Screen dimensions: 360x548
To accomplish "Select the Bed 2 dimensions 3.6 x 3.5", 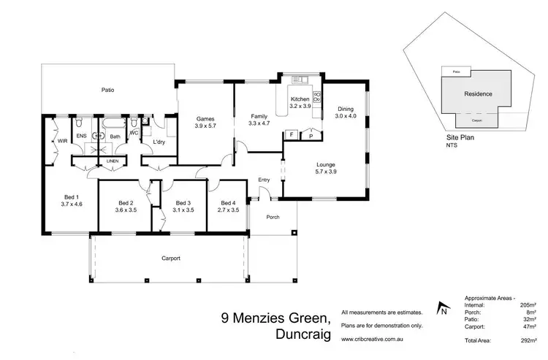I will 126,210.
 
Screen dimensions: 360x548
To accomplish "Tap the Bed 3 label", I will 183,203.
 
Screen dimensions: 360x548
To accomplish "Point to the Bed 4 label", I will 229,203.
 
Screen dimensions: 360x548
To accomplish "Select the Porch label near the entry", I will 273,216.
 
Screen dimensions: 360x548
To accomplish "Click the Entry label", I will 265,180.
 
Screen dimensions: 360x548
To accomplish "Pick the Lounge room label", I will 325,164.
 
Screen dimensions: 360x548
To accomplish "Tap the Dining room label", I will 345,110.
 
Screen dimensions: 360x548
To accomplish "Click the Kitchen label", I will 301,99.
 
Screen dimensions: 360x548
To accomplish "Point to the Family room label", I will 259,116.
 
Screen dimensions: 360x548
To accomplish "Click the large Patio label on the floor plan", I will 107,90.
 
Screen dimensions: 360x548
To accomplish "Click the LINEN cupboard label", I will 112,160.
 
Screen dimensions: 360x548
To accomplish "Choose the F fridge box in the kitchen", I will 292,135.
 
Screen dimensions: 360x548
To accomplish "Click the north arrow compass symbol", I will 443,309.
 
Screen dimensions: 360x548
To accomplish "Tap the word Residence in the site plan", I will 478,93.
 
